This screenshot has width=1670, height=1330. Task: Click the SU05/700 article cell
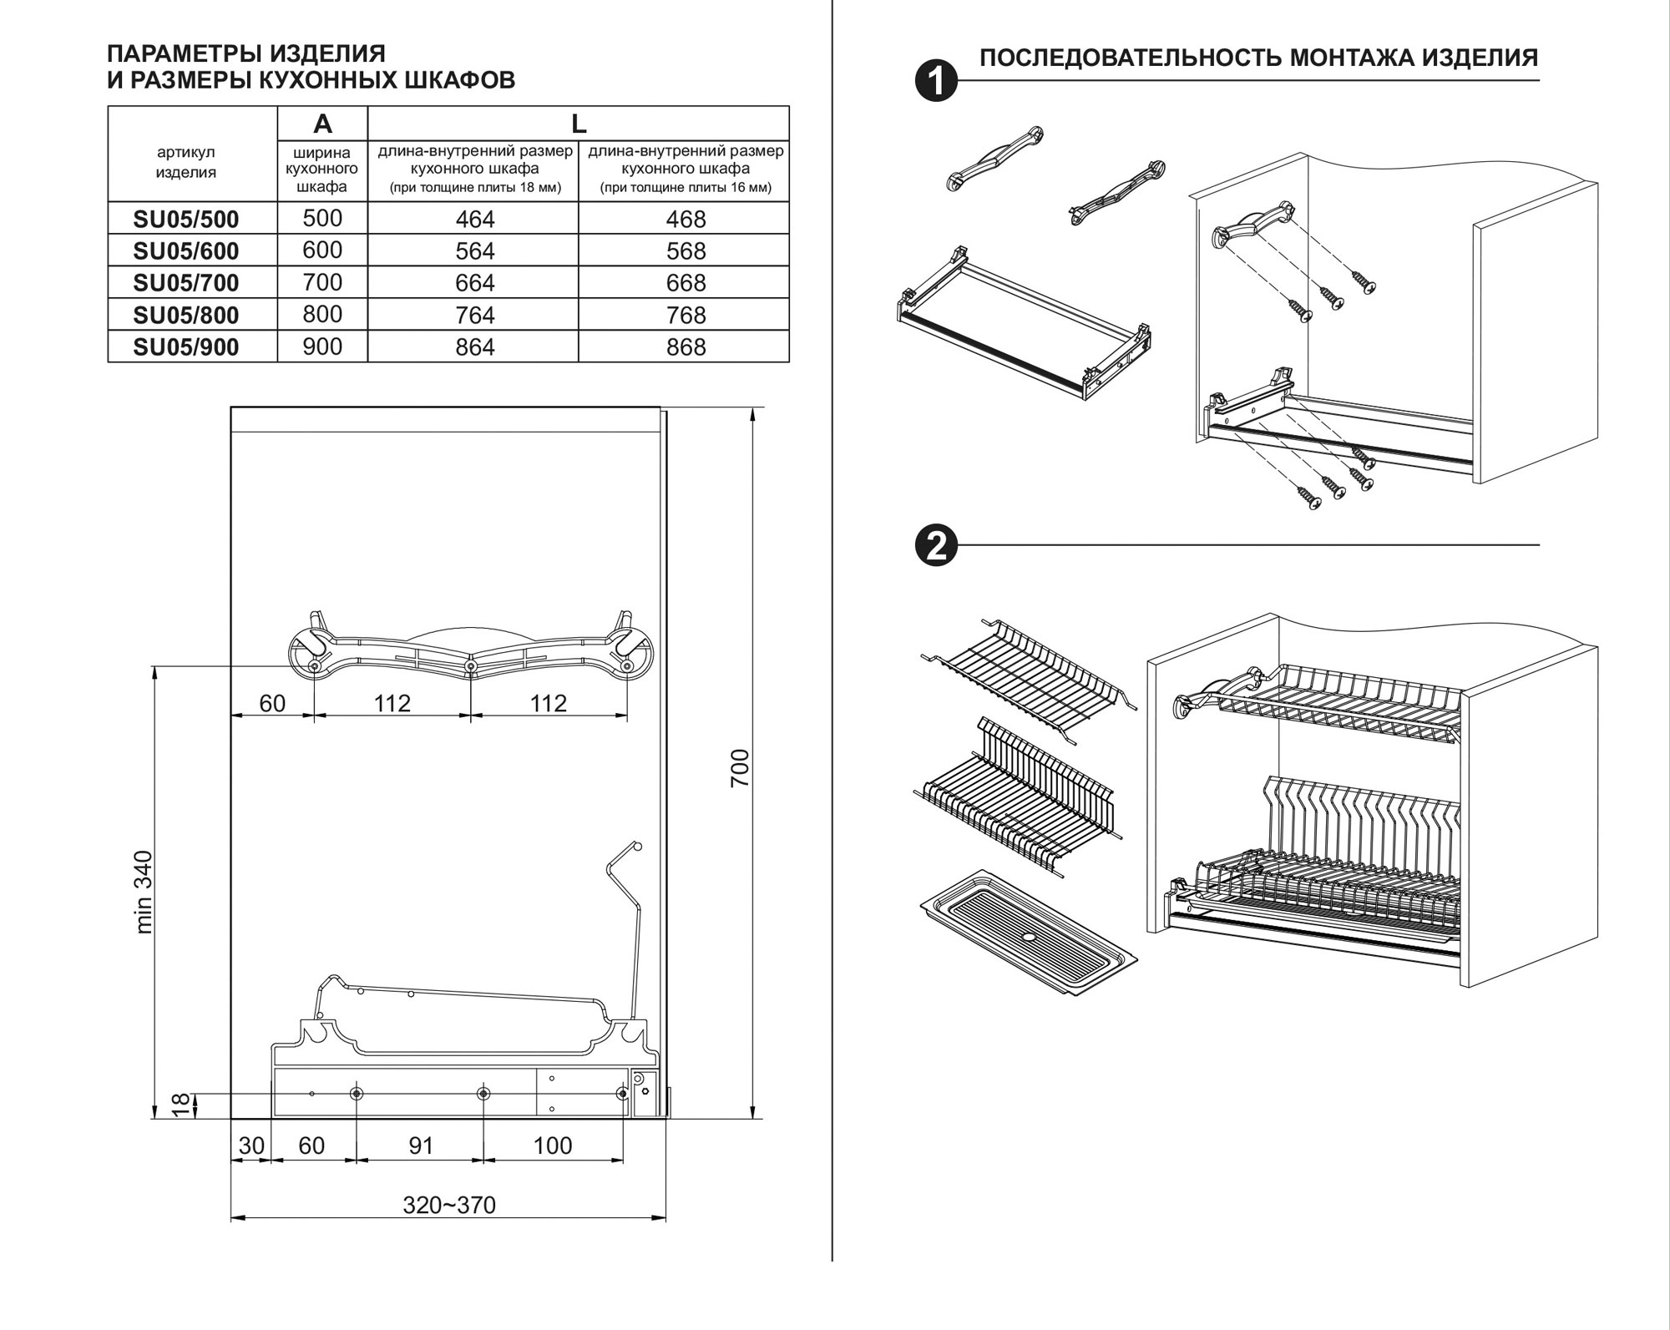coord(186,283)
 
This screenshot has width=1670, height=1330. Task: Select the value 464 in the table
coord(474,219)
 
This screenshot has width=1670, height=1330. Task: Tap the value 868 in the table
coord(686,346)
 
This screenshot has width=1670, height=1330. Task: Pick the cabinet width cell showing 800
coord(322,314)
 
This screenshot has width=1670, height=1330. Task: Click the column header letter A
coord(322,124)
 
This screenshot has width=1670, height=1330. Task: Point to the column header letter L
coord(578,124)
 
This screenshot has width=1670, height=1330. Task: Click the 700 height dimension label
coord(740,768)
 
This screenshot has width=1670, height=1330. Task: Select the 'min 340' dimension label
coord(144,892)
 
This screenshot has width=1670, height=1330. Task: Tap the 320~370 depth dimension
coord(449,1205)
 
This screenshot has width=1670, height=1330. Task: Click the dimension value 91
coord(421,1145)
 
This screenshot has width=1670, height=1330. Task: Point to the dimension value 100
coord(553,1145)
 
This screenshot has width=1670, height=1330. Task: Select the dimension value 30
coord(250,1145)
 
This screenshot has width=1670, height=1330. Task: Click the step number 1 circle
coord(936,81)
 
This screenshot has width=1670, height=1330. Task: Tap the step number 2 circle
coord(936,546)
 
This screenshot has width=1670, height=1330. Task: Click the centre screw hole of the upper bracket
coord(470,666)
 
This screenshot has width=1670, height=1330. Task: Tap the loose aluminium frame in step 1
coord(1023,321)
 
